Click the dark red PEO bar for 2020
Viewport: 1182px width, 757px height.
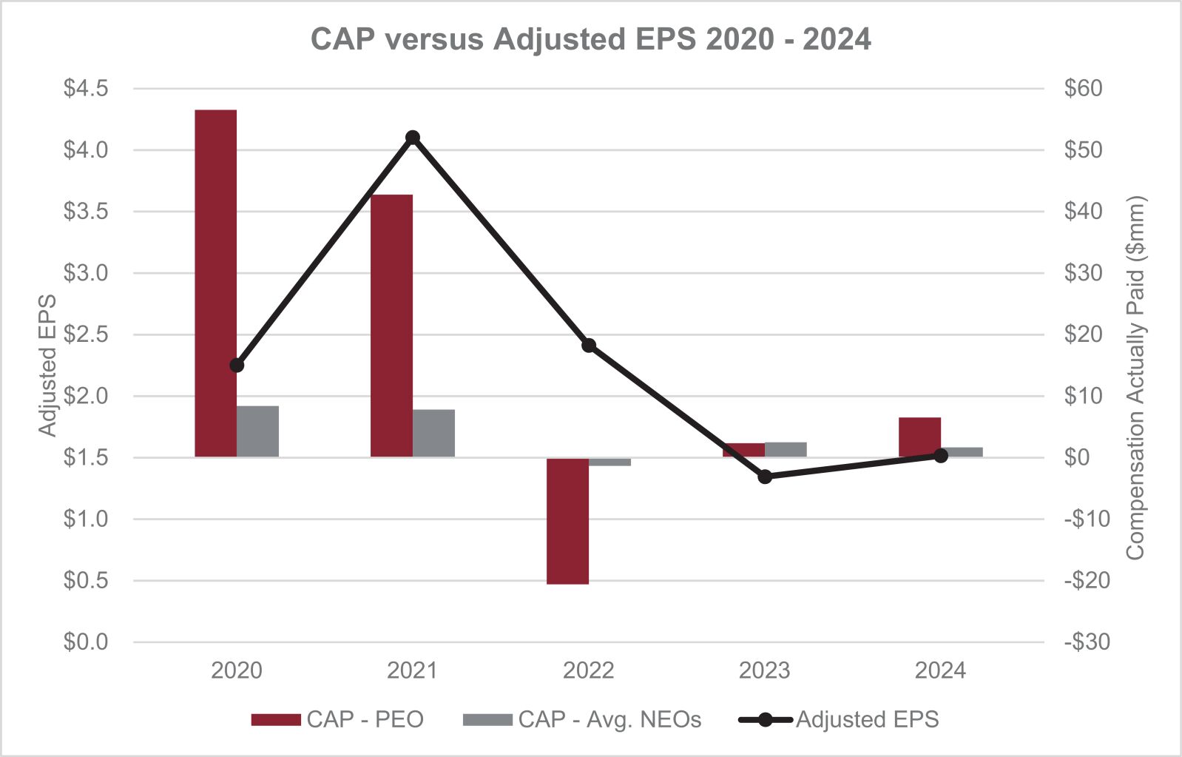(215, 283)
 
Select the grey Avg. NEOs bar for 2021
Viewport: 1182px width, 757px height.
(433, 433)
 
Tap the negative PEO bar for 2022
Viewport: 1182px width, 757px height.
(567, 521)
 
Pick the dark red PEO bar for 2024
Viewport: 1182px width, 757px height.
(919, 437)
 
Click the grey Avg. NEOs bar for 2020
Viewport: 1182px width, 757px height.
(257, 431)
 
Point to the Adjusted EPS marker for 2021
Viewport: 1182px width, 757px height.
(413, 138)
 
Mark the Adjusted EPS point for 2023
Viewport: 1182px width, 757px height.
(765, 477)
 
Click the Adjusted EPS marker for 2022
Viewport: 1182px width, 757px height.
(589, 346)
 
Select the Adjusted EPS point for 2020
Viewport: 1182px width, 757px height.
(237, 366)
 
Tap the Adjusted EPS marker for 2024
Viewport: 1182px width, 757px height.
(941, 456)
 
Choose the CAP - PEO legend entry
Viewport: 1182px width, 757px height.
(337, 719)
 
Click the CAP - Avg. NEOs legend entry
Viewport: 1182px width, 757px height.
(581, 719)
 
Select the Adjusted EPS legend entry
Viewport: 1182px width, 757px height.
(840, 719)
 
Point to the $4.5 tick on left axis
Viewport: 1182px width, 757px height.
(86, 89)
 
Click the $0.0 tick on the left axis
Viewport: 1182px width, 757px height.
(86, 642)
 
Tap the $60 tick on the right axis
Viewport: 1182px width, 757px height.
(1083, 89)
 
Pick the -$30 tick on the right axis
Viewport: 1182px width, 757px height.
(1087, 642)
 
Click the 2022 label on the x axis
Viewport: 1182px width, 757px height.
(589, 670)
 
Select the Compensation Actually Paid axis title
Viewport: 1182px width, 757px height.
(1135, 377)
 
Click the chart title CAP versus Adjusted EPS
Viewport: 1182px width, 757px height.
(590, 38)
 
